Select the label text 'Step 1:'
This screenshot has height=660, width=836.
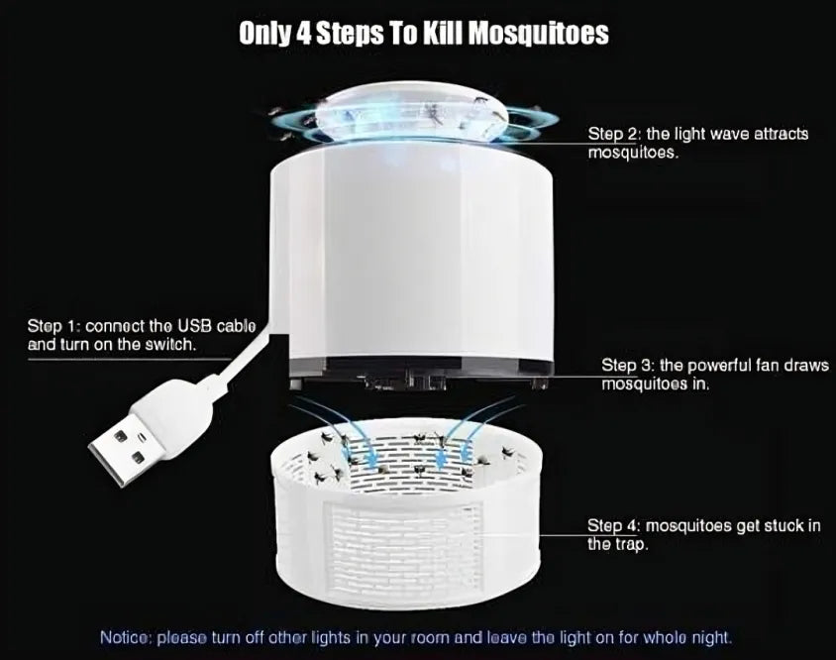tap(54, 326)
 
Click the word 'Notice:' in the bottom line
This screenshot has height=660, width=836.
tap(126, 636)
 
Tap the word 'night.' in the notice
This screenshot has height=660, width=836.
tap(711, 636)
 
